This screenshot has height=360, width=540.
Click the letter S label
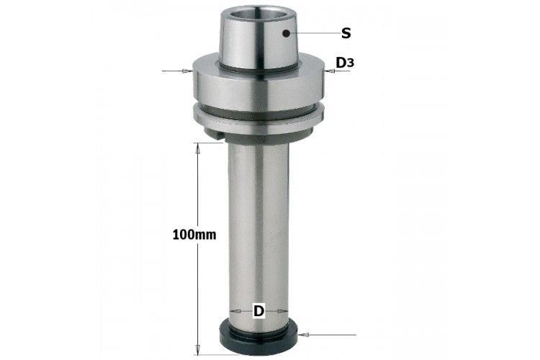point(346,33)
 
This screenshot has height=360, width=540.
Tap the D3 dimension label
point(345,63)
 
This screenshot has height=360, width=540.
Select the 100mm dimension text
point(194,235)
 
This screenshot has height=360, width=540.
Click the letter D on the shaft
point(258,311)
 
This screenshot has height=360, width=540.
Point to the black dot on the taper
point(286,33)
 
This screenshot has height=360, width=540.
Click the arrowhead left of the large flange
point(188,71)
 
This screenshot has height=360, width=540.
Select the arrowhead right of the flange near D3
point(329,71)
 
